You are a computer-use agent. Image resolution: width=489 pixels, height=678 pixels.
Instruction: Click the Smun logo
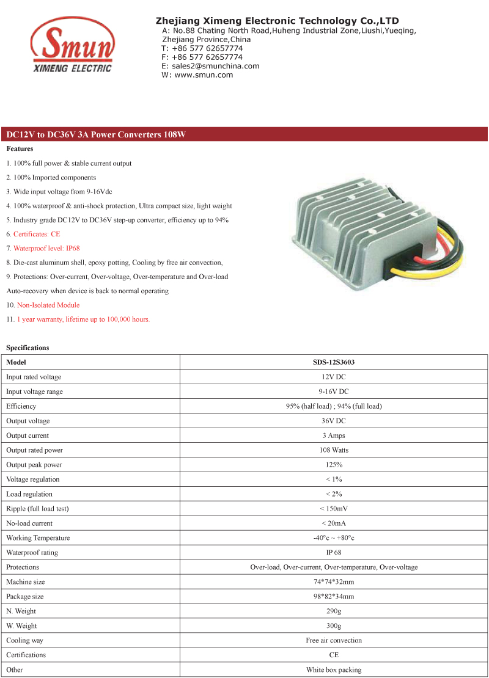(x=72, y=46)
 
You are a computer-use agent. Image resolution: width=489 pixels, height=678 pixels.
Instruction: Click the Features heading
(x=20, y=149)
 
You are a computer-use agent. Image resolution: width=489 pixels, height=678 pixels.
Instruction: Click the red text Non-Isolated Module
(x=48, y=305)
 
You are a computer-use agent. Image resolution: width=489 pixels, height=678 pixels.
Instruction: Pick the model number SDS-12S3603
(x=334, y=362)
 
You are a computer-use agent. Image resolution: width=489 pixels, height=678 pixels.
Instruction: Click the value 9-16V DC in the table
(x=334, y=392)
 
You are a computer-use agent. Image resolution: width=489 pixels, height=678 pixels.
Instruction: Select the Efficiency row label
(x=21, y=406)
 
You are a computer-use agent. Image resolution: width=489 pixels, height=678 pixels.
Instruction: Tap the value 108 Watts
(x=334, y=450)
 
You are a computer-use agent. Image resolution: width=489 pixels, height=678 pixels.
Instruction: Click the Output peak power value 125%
(x=334, y=465)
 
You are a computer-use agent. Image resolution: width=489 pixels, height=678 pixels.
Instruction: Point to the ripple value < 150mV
(x=334, y=509)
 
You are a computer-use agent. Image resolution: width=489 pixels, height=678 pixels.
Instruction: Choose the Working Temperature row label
(x=38, y=538)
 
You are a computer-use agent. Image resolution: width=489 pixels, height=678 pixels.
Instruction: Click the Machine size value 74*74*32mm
(x=334, y=582)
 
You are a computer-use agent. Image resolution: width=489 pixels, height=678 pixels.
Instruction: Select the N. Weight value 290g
(x=334, y=611)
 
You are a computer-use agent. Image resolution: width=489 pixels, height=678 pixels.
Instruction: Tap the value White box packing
(x=334, y=670)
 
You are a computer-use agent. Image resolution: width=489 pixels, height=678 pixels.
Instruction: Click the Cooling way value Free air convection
(x=334, y=641)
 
